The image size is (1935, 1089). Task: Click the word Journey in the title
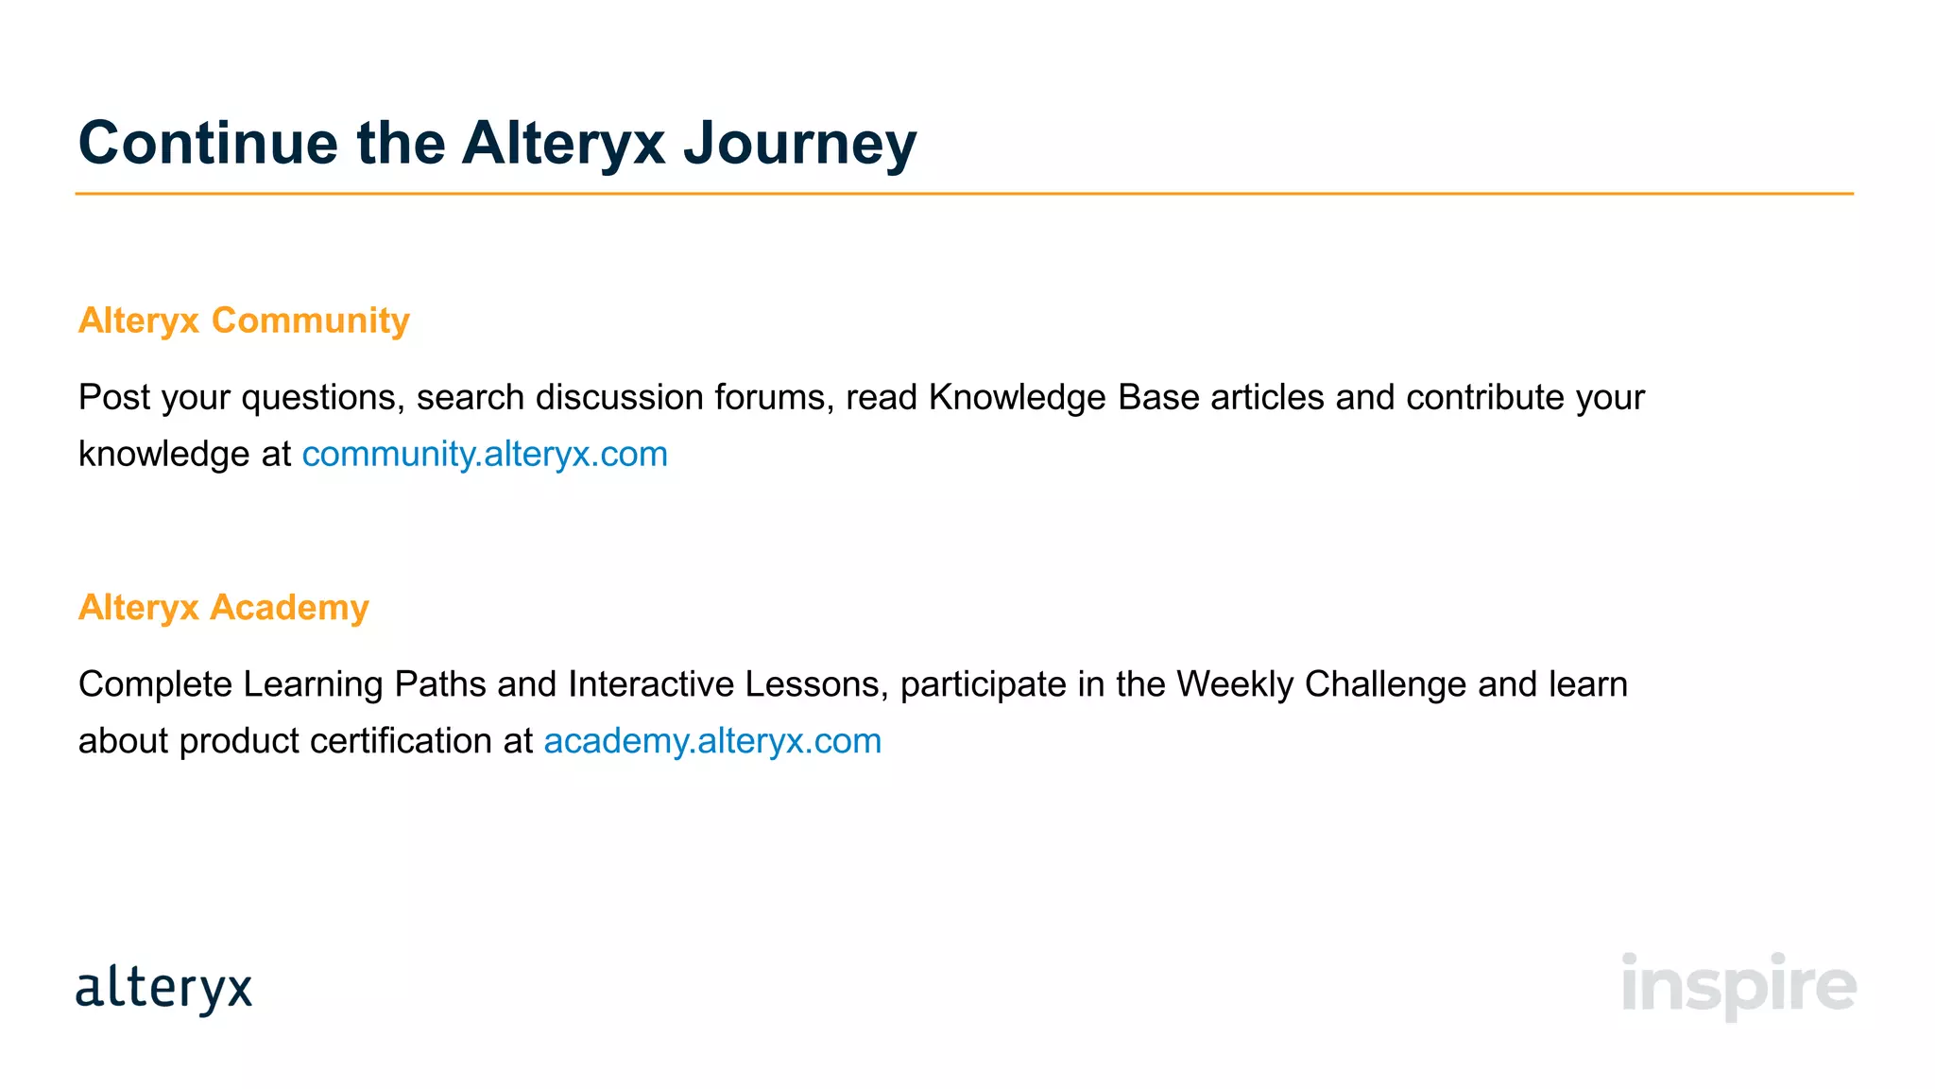pos(799,144)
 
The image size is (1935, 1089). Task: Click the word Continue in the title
pos(208,144)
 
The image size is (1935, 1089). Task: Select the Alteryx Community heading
pos(244,320)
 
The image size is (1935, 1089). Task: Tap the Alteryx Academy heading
pos(224,607)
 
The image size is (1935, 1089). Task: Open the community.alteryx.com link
pos(485,455)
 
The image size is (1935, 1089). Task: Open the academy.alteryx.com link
pos(712,741)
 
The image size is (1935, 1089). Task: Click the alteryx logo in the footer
pos(164,989)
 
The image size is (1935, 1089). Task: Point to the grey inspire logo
pos(1738,985)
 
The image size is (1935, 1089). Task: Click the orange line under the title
pos(964,194)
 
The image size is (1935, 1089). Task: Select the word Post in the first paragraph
pos(114,398)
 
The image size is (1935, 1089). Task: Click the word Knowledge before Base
pos(1017,398)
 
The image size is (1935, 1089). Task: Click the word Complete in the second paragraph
pos(155,684)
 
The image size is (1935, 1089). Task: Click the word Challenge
pos(1386,684)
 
